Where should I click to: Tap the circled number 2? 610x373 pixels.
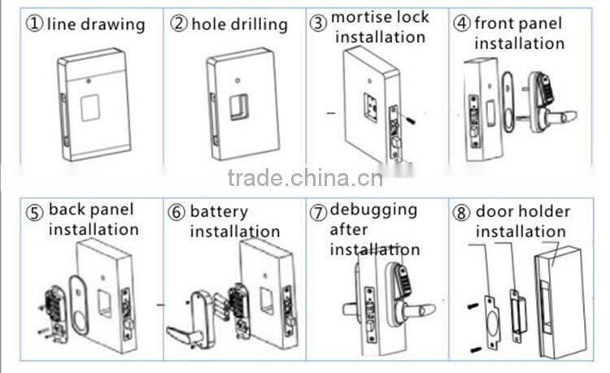coord(179,24)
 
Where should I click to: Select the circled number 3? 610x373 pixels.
coord(318,23)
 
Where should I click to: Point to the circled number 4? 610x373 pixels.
coord(461,23)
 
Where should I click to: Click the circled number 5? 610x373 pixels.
coord(34,214)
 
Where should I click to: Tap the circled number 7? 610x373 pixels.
coord(319,214)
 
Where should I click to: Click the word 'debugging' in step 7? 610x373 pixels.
coord(373,211)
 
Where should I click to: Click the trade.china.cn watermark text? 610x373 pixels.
coord(305,178)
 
